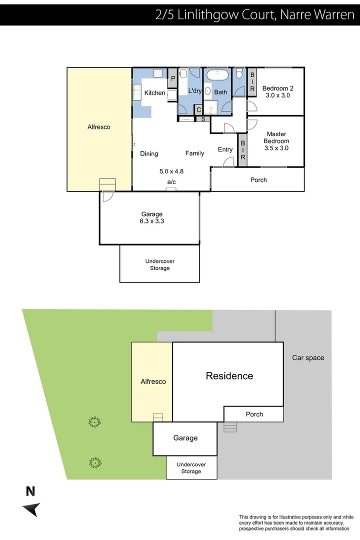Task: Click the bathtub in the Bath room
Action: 217,76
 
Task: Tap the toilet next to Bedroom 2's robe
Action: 239,74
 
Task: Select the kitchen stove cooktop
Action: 158,73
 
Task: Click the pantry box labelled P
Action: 173,78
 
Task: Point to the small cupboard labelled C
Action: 198,110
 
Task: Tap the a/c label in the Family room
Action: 171,182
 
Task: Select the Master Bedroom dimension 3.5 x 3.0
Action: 276,148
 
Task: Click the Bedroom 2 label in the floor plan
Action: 277,88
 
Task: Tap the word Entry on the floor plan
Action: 225,149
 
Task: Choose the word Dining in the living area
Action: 149,153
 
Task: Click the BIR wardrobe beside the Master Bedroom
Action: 242,149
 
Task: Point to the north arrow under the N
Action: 31,509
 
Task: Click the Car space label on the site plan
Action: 308,357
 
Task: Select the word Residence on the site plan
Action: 229,376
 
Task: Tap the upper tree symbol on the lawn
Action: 94,423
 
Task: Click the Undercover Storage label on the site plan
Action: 191,468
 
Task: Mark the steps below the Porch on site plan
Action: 229,427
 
